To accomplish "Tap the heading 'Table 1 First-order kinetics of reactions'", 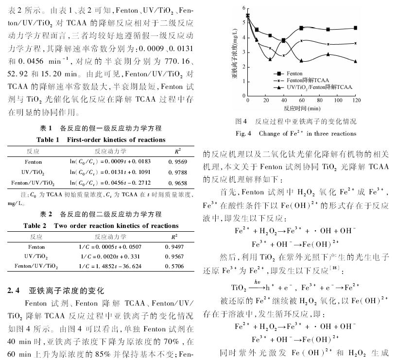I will click(x=101, y=140).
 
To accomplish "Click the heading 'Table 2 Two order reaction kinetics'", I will click(x=101, y=225).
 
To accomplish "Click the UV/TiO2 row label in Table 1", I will click(x=34, y=172).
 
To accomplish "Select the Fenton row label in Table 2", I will click(x=36, y=247).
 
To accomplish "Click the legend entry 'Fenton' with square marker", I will click(x=300, y=73).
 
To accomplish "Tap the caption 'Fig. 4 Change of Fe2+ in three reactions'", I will click(x=296, y=133).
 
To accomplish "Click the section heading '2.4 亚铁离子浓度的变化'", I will click(x=56, y=291).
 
